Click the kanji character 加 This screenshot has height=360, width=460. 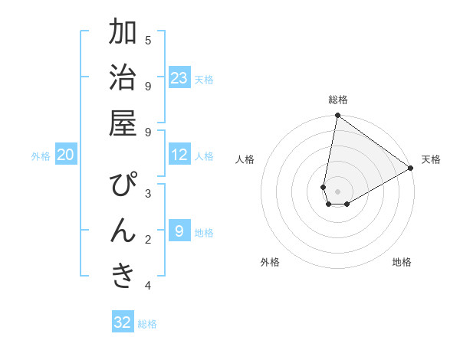point(123,33)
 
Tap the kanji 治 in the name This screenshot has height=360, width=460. point(123,79)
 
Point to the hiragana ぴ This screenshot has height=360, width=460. point(123,186)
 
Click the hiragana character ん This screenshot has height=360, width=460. point(123,231)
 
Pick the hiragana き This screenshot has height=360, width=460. point(123,277)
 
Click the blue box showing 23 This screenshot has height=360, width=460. point(179,78)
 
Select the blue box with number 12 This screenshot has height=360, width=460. point(179,155)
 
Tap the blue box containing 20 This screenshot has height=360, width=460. point(65,155)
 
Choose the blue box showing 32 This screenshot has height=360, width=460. point(123,322)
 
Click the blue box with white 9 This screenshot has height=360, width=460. point(179,231)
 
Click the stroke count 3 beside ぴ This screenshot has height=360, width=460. point(148,193)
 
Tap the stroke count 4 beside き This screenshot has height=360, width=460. point(148,286)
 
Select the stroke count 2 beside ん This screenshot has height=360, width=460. point(148,240)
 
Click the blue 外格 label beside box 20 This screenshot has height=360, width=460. point(41,156)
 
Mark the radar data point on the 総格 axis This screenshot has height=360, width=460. point(337,116)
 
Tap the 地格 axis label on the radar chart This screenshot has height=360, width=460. point(402,262)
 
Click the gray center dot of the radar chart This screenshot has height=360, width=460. point(337,191)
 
